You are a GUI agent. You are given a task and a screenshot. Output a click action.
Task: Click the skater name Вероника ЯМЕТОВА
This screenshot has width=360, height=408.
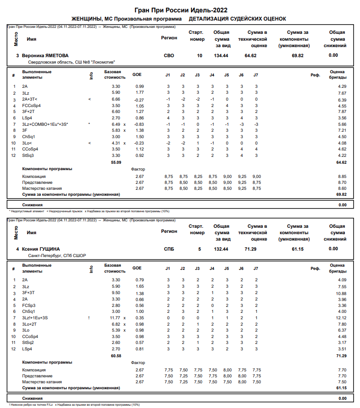tap(48, 55)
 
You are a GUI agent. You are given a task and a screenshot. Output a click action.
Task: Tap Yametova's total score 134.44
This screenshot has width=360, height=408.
tap(221, 55)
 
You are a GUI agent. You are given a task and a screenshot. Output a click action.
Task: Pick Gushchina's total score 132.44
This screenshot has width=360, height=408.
tap(221, 249)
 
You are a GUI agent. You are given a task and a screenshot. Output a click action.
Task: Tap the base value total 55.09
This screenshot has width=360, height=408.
tap(116, 162)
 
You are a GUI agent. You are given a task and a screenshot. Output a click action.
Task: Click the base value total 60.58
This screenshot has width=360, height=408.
tap(116, 356)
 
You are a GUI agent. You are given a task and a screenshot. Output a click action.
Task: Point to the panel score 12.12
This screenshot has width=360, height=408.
tap(341, 318)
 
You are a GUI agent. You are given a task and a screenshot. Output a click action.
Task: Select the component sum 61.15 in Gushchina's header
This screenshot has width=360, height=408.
tap(294, 249)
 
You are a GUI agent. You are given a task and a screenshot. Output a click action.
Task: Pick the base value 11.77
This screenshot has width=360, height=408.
tap(114, 318)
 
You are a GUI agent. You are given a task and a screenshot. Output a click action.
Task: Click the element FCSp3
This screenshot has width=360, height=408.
tap(29, 305)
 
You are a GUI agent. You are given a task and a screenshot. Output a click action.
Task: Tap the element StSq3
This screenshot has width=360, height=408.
tap(28, 156)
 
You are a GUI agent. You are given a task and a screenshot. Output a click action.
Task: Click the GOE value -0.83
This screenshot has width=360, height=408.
tap(139, 124)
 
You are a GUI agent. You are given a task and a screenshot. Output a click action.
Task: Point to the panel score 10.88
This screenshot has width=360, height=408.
tap(341, 293)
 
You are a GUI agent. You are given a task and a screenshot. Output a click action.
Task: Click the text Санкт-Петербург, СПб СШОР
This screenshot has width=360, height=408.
tap(57, 256)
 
